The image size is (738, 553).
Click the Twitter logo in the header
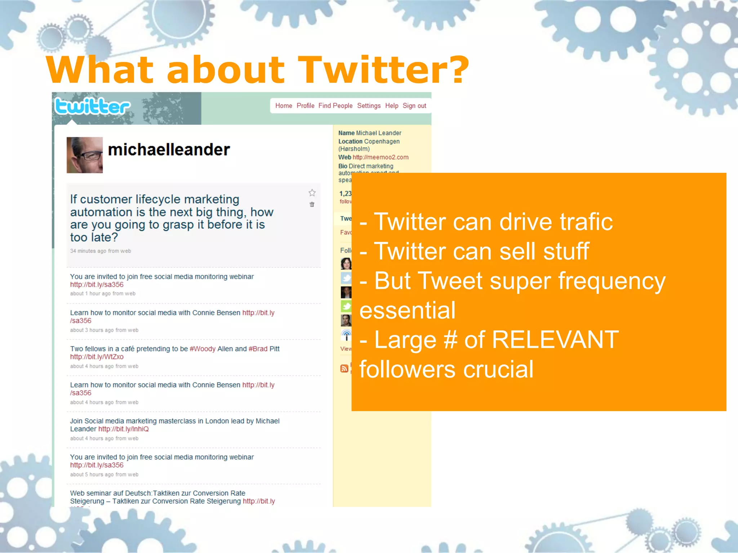92,107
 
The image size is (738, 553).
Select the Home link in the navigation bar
284,106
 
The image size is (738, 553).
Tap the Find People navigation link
335,106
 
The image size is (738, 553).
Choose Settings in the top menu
369,106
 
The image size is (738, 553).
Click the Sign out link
414,106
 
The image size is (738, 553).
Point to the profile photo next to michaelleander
85,155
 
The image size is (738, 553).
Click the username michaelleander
169,150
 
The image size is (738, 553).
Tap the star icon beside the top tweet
312,193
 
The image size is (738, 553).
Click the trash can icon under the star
312,204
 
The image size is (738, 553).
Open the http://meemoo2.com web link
380,157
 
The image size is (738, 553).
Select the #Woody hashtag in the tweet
203,349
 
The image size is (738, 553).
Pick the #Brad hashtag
258,349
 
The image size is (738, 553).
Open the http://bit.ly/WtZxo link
97,357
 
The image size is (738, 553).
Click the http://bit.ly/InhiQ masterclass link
123,429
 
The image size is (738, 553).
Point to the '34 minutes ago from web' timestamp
101,251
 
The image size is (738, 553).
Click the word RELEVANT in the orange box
555,340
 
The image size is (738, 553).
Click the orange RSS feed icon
344,368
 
